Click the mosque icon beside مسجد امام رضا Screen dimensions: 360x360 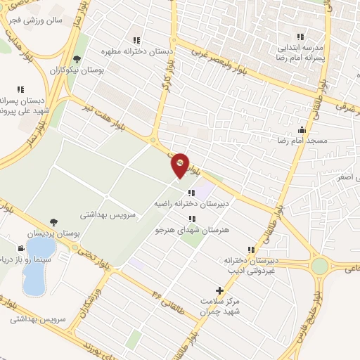[x=302, y=129]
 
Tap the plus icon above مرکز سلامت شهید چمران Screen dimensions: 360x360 [x=220, y=290]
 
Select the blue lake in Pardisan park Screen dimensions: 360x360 [x=34, y=267]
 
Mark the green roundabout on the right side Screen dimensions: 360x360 [x=321, y=266]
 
